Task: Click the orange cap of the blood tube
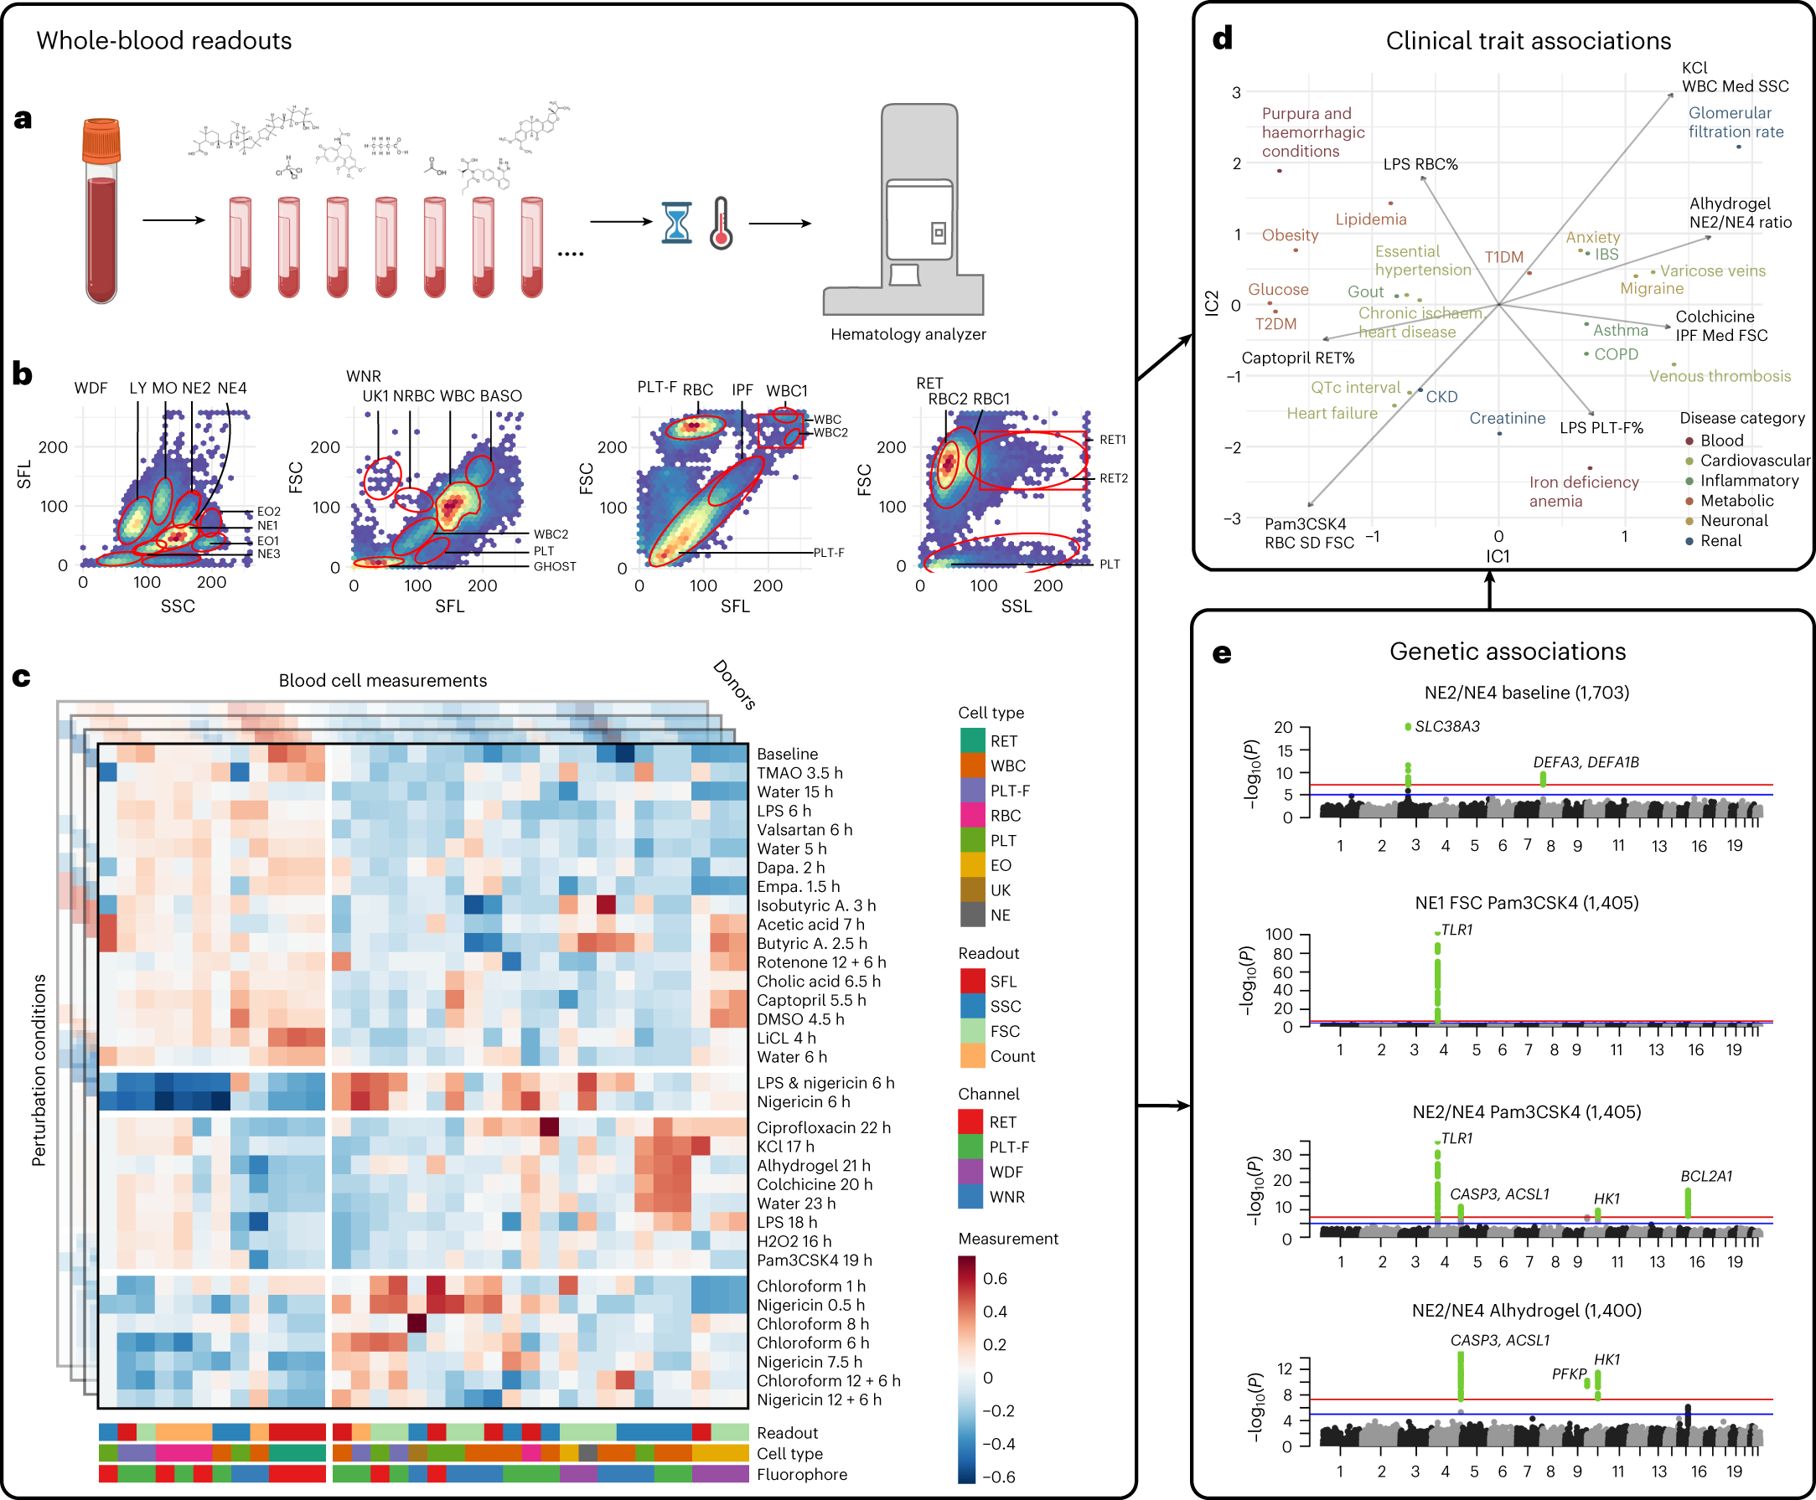[101, 141]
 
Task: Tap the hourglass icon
[676, 222]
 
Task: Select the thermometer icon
[721, 224]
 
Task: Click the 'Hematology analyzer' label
[908, 334]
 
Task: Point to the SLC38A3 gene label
[1447, 727]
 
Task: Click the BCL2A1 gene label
[1706, 1176]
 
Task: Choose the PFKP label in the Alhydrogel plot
[1569, 1374]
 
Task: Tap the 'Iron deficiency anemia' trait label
[1584, 492]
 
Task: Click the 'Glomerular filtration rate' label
[1736, 121]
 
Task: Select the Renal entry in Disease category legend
[1720, 541]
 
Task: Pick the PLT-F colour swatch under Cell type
[973, 791]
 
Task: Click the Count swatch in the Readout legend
[973, 1056]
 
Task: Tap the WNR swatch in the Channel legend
[971, 1197]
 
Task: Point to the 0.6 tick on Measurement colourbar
[994, 1279]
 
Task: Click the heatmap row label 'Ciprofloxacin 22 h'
[823, 1127]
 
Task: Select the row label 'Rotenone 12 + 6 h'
[821, 962]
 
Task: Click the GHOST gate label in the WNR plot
[554, 567]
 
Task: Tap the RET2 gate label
[1113, 478]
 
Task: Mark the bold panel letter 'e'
[1221, 654]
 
